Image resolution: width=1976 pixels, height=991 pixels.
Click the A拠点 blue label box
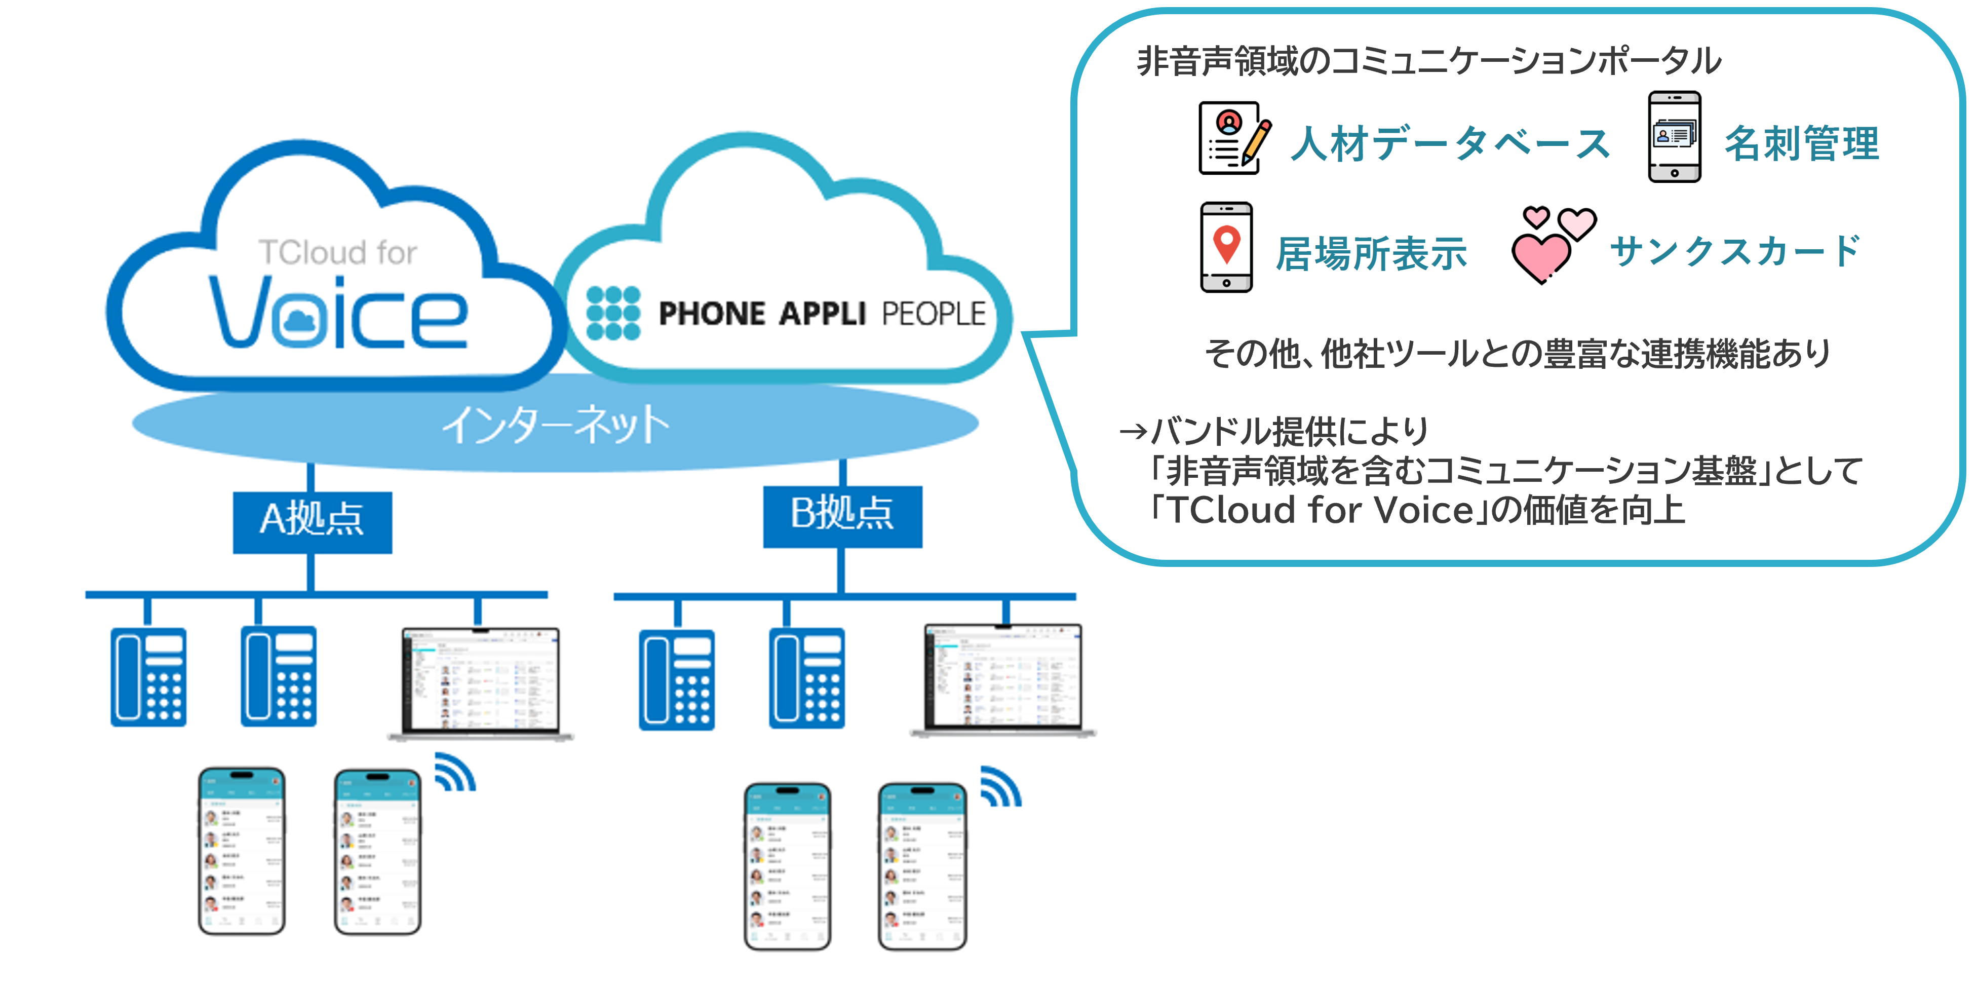pos(312,521)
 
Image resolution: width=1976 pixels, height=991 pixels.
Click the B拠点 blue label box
pos(842,515)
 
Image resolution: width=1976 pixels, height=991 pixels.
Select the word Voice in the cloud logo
pos(337,313)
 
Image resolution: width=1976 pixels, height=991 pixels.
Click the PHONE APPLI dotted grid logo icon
pos(613,313)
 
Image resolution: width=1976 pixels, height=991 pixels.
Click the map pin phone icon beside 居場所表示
pos(1226,247)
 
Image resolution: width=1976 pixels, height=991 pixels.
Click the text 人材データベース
pos(1450,143)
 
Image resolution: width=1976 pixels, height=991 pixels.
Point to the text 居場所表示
pos(1371,253)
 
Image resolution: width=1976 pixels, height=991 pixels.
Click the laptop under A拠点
pos(481,682)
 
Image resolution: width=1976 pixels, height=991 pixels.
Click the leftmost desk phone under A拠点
pos(148,676)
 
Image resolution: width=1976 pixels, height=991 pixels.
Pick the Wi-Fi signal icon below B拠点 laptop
pos(1000,787)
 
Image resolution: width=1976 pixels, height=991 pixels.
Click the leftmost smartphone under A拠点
pos(242,851)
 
